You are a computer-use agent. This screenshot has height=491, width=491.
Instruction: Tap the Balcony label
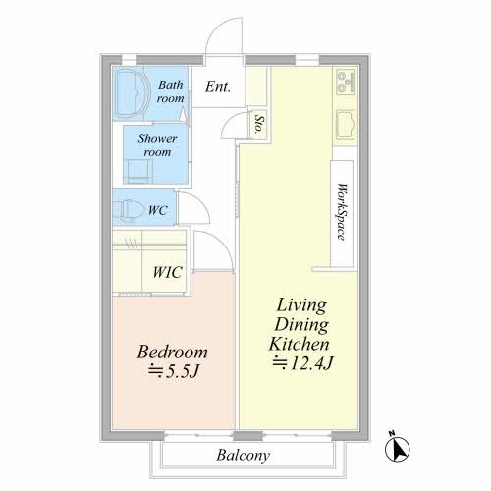pyautogui.click(x=244, y=456)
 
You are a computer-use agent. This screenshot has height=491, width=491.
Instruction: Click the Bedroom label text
pyautogui.click(x=173, y=353)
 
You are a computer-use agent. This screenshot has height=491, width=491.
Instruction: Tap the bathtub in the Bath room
pyautogui.click(x=130, y=92)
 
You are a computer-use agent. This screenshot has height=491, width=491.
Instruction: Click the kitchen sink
pyautogui.click(x=346, y=125)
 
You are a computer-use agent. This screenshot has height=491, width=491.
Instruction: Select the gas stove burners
pyautogui.click(x=346, y=81)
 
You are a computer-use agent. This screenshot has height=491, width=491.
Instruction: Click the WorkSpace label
pyautogui.click(x=342, y=212)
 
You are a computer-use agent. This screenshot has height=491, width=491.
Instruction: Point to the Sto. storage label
pyautogui.click(x=259, y=124)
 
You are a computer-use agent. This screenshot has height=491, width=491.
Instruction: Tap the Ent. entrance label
pyautogui.click(x=218, y=87)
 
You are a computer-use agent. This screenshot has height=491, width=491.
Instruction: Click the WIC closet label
pyautogui.click(x=167, y=272)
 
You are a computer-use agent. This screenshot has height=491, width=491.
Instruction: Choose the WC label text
pyautogui.click(x=158, y=210)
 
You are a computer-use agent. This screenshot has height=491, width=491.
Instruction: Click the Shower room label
pyautogui.click(x=157, y=145)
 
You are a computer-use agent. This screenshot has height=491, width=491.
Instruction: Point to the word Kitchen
pyautogui.click(x=300, y=344)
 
